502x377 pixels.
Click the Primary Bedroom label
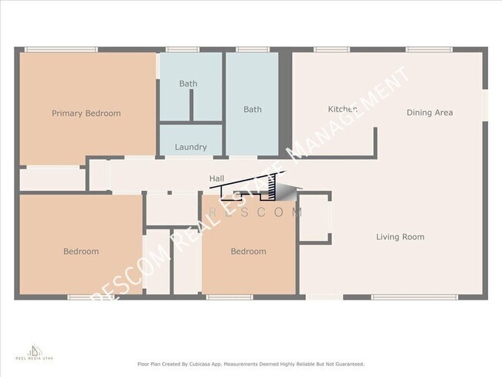pyautogui.click(x=86, y=114)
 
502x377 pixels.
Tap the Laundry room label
pyautogui.click(x=190, y=147)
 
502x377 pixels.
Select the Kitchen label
pyautogui.click(x=342, y=110)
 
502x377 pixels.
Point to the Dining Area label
pyautogui.click(x=429, y=113)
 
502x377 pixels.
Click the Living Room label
pyautogui.click(x=399, y=237)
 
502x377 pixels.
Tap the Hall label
pyautogui.click(x=217, y=179)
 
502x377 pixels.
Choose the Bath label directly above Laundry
pyautogui.click(x=188, y=83)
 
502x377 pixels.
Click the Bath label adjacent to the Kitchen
pyautogui.click(x=252, y=110)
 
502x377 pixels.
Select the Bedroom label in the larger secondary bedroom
pyautogui.click(x=80, y=252)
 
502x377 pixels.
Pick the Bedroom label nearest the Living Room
pyautogui.click(x=248, y=252)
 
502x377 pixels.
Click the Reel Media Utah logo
pyautogui.click(x=29, y=352)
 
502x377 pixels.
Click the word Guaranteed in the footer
pyautogui.click(x=345, y=364)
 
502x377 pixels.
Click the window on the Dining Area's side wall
pyautogui.click(x=486, y=106)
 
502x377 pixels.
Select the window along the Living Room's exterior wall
pyautogui.click(x=403, y=297)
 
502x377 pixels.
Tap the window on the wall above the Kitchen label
pyautogui.click(x=331, y=50)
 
